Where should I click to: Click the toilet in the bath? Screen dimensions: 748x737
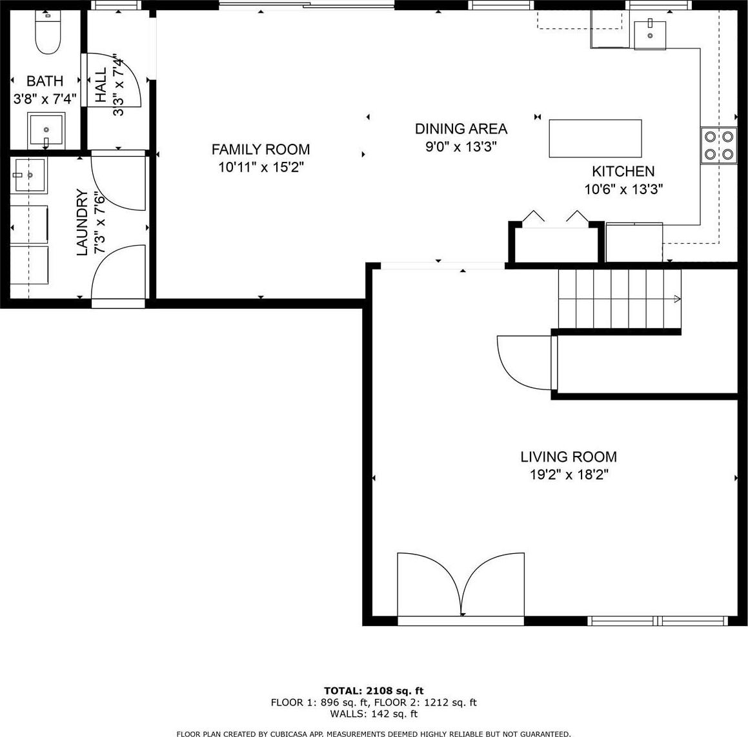(x=48, y=32)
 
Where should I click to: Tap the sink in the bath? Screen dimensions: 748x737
(x=46, y=130)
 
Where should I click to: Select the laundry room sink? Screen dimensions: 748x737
(x=28, y=175)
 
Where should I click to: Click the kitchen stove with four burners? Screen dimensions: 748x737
(x=718, y=146)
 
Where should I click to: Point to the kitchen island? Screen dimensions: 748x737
(x=595, y=138)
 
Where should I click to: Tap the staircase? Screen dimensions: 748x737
(x=619, y=299)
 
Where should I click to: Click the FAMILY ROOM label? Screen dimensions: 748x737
(x=261, y=149)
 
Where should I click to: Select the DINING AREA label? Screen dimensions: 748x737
(x=461, y=129)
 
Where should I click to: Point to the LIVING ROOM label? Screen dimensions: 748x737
(x=569, y=457)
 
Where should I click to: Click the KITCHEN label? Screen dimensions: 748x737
(x=623, y=171)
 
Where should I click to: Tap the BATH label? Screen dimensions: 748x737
(x=45, y=81)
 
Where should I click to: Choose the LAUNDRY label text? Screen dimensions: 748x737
(x=83, y=222)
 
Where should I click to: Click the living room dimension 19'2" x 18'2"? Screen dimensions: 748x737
(x=569, y=475)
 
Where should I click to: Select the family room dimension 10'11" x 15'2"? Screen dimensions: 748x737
(x=261, y=168)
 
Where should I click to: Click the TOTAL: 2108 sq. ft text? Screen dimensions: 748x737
(x=374, y=691)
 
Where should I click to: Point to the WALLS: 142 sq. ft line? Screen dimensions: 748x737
(x=374, y=714)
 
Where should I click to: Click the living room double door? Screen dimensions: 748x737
(x=461, y=585)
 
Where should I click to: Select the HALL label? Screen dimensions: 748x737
(x=101, y=85)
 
